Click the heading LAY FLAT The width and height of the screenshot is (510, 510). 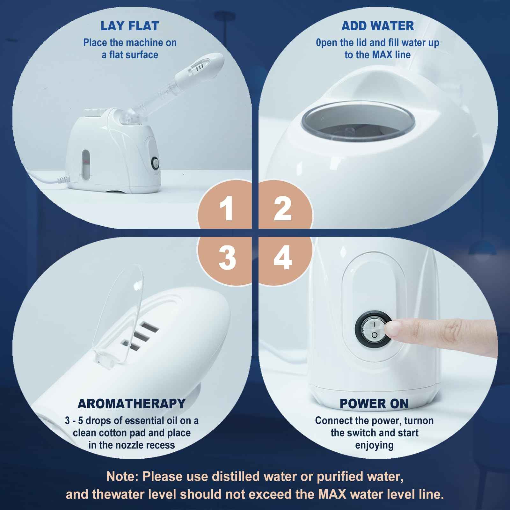pos(130,26)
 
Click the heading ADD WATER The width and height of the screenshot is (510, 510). pos(377,26)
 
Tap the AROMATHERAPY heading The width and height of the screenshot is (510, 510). pos(131,404)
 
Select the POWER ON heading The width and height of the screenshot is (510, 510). pos(374,404)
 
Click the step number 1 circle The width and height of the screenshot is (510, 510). pos(227,209)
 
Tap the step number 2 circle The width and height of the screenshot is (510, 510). pos(282,209)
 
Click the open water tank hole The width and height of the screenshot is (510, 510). pos(359,127)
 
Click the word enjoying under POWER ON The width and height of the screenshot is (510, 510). pos(374,445)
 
